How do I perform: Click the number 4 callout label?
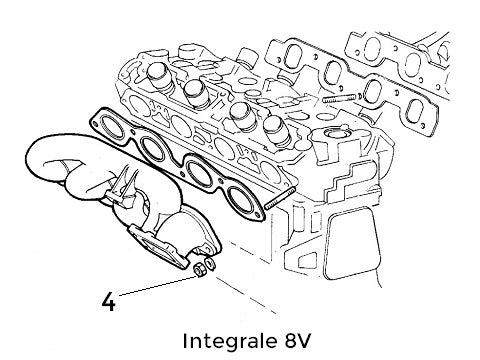point(108,298)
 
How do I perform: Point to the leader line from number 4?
point(155,283)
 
